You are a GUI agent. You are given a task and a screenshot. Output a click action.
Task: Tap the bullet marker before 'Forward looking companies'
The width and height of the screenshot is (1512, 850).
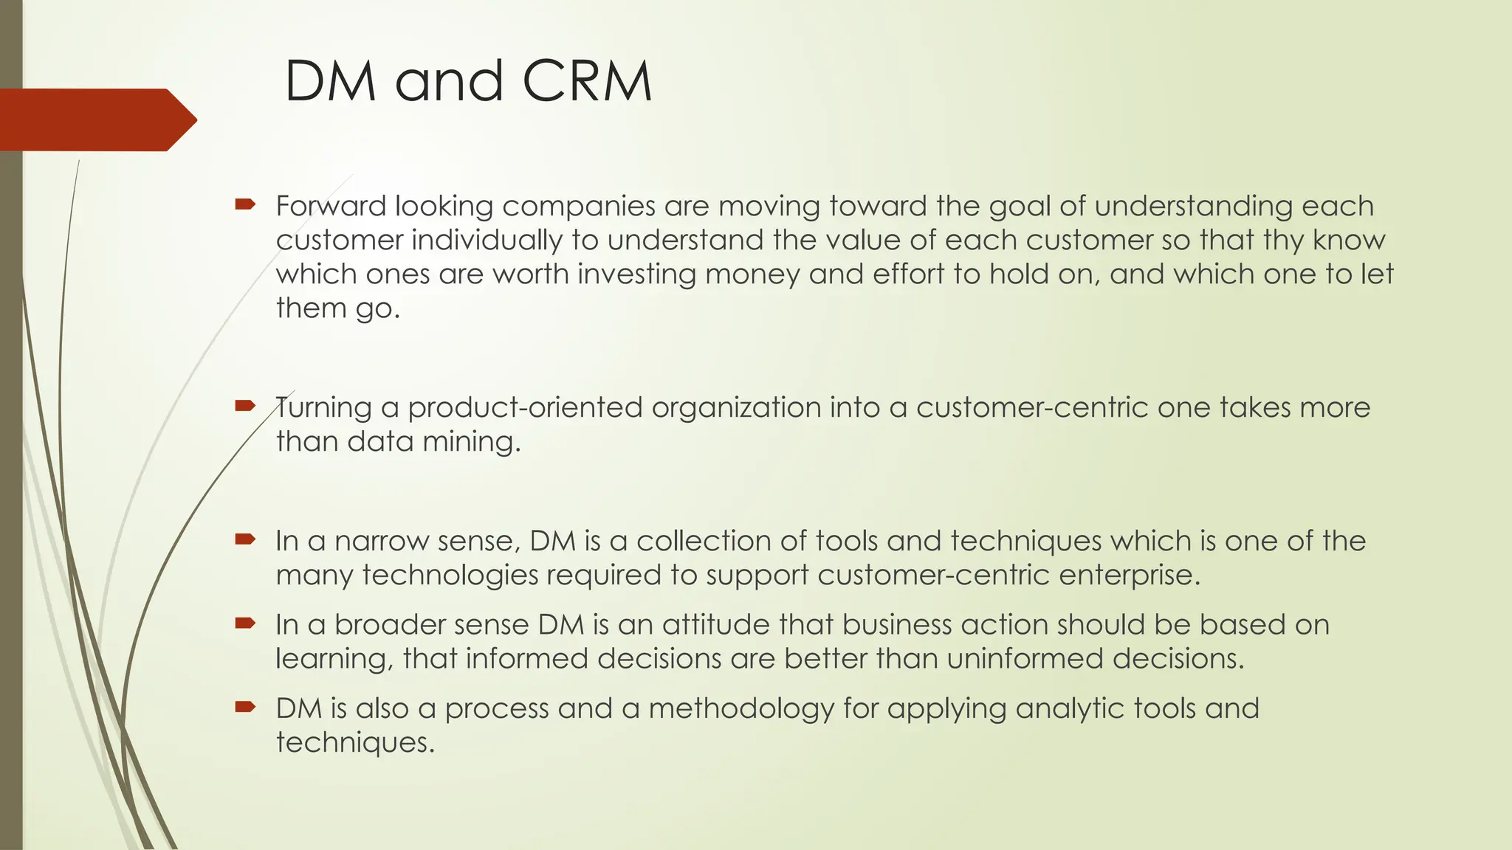click(x=244, y=204)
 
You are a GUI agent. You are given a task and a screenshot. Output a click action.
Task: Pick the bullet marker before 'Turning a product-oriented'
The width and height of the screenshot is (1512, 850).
click(x=244, y=405)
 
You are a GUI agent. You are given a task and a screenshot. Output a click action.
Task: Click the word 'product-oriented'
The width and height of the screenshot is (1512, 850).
click(x=525, y=408)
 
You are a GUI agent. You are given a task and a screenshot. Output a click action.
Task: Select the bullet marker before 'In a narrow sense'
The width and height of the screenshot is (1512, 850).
click(x=244, y=539)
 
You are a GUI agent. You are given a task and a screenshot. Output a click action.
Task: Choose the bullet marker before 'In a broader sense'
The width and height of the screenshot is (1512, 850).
click(x=244, y=623)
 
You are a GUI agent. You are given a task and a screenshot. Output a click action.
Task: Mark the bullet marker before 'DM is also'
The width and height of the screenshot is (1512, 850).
click(x=244, y=706)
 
